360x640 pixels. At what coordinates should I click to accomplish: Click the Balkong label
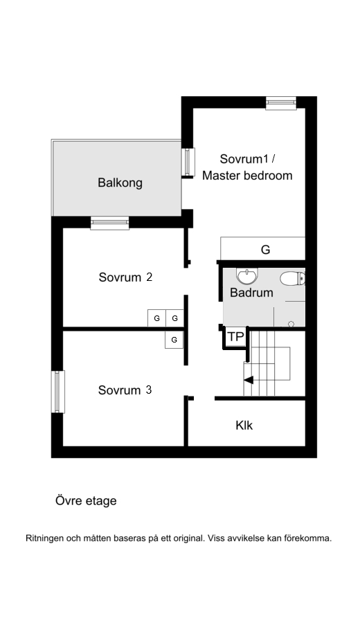120,183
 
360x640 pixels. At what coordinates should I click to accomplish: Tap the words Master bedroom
247,176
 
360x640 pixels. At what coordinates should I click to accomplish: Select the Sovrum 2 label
125,277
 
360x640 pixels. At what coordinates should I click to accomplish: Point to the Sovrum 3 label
125,390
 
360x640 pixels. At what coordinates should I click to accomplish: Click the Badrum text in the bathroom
251,293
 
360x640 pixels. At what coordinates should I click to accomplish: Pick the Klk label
244,426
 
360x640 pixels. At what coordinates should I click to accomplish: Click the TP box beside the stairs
235,337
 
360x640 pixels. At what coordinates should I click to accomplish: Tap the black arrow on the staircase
248,379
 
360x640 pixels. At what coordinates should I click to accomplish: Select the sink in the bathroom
246,277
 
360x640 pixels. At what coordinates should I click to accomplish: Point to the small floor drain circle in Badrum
291,324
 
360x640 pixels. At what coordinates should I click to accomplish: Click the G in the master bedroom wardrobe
265,250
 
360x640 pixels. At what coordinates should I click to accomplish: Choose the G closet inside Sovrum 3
174,340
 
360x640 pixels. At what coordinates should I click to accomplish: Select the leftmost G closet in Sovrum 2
156,318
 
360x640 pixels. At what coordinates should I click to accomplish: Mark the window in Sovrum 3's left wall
58,392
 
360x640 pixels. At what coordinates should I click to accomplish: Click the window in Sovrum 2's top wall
109,223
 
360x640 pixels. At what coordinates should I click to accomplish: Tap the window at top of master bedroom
281,102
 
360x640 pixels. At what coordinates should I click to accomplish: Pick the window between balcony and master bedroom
186,161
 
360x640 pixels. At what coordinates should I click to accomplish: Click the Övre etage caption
86,501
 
